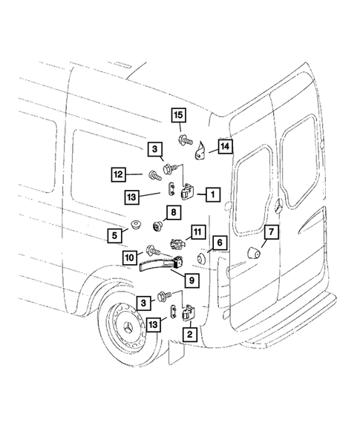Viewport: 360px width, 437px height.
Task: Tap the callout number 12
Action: [x=117, y=175]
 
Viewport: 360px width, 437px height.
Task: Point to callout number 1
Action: [x=212, y=194]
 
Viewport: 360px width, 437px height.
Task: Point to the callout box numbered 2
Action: [x=190, y=335]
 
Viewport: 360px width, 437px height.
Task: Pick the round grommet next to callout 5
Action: [x=136, y=223]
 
